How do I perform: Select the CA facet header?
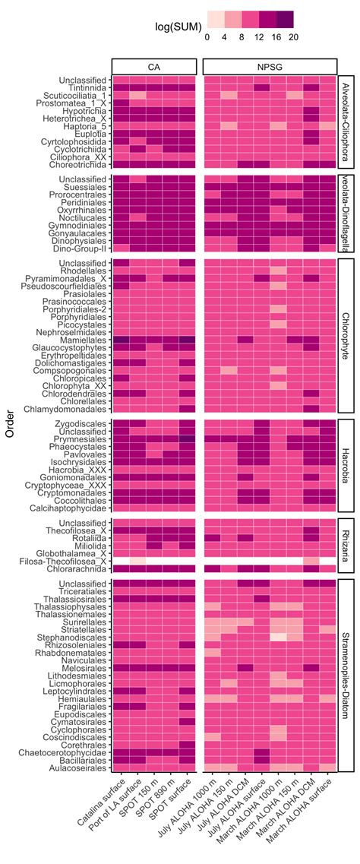(154, 67)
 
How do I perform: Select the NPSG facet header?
(270, 67)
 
